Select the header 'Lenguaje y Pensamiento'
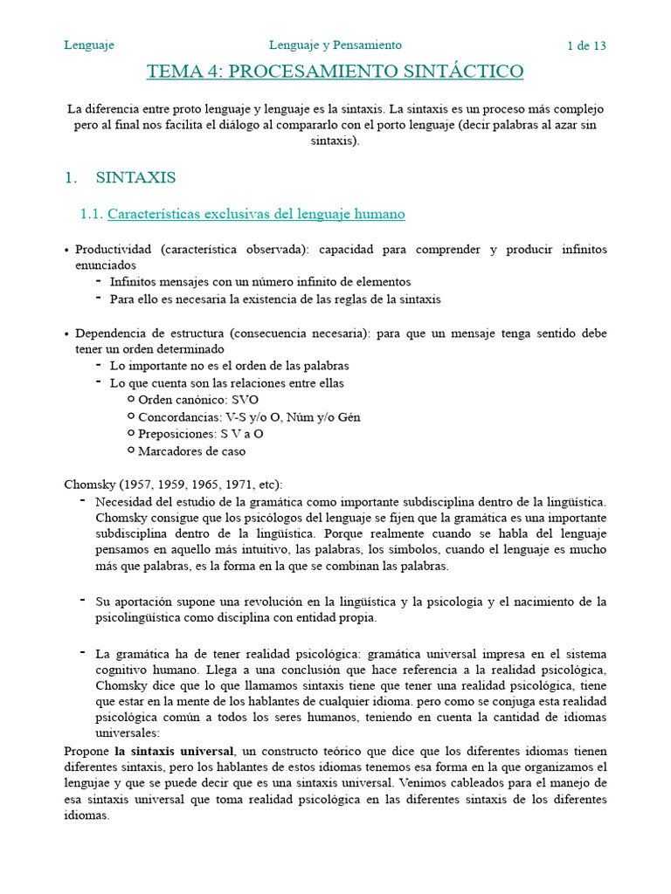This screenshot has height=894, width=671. tap(335, 45)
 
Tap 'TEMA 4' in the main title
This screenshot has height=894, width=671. tap(182, 72)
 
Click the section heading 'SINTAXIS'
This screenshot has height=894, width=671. tap(135, 178)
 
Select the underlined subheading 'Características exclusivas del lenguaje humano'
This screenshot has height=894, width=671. tap(256, 214)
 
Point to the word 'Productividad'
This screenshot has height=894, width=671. tap(111, 250)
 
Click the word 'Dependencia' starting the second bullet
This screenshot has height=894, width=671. tap(112, 334)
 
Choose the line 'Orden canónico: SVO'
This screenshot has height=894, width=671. tap(198, 400)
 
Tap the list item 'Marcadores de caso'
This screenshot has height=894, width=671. tap(191, 451)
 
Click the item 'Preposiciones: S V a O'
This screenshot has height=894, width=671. tap(201, 434)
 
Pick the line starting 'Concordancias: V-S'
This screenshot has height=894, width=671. tap(249, 417)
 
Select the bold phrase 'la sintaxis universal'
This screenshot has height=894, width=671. tap(174, 751)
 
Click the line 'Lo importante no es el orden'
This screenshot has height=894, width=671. tap(229, 366)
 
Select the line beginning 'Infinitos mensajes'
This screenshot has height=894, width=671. tap(259, 282)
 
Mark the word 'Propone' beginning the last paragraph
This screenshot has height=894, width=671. tap(87, 751)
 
